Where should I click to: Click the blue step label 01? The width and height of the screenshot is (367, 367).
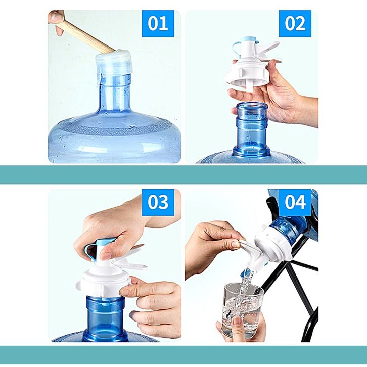pyautogui.click(x=158, y=23)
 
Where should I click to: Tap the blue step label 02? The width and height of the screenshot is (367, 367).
pyautogui.click(x=295, y=23)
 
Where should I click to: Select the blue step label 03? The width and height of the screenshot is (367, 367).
pyautogui.click(x=158, y=202)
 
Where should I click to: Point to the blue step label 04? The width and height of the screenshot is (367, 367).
pyautogui.click(x=295, y=202)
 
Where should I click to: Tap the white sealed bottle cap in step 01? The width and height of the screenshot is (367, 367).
pyautogui.click(x=114, y=62)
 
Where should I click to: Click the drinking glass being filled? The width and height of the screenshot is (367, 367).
pyautogui.click(x=242, y=309)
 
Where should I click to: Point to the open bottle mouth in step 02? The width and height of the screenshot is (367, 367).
pyautogui.click(x=252, y=106)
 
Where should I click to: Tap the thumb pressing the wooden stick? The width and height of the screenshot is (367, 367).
pyautogui.click(x=57, y=16)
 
